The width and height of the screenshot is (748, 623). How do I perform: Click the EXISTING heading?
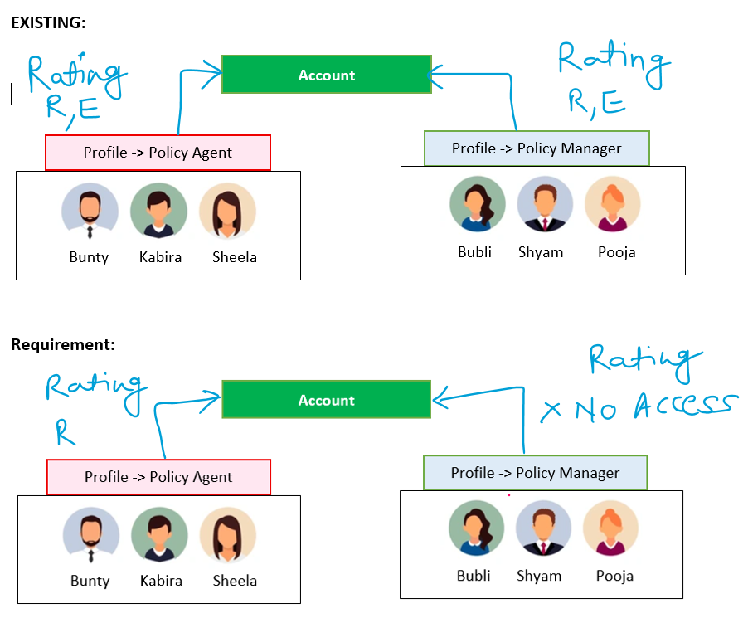coord(47,23)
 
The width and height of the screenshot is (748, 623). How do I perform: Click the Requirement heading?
coord(62,344)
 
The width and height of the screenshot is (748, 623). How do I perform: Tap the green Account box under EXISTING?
coord(326,75)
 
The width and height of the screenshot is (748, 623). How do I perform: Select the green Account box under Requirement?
coord(326,400)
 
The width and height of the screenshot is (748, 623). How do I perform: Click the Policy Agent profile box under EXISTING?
coord(158,153)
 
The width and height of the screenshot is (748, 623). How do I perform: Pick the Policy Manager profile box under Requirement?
coord(535,473)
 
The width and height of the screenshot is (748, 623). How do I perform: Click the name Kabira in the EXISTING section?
coord(160,257)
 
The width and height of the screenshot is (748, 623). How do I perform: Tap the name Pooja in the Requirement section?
coord(614,576)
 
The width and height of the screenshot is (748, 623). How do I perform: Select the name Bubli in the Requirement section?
coord(474,576)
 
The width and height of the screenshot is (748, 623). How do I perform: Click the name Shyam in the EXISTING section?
coord(541,251)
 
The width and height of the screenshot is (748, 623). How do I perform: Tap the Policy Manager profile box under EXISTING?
coord(537,148)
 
